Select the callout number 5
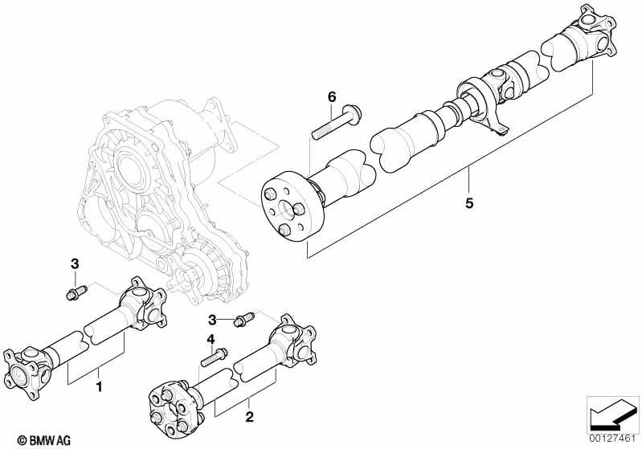pos(469,202)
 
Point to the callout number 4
pos(212,339)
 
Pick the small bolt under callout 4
pos(211,359)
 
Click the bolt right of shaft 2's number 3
pos(244,320)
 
